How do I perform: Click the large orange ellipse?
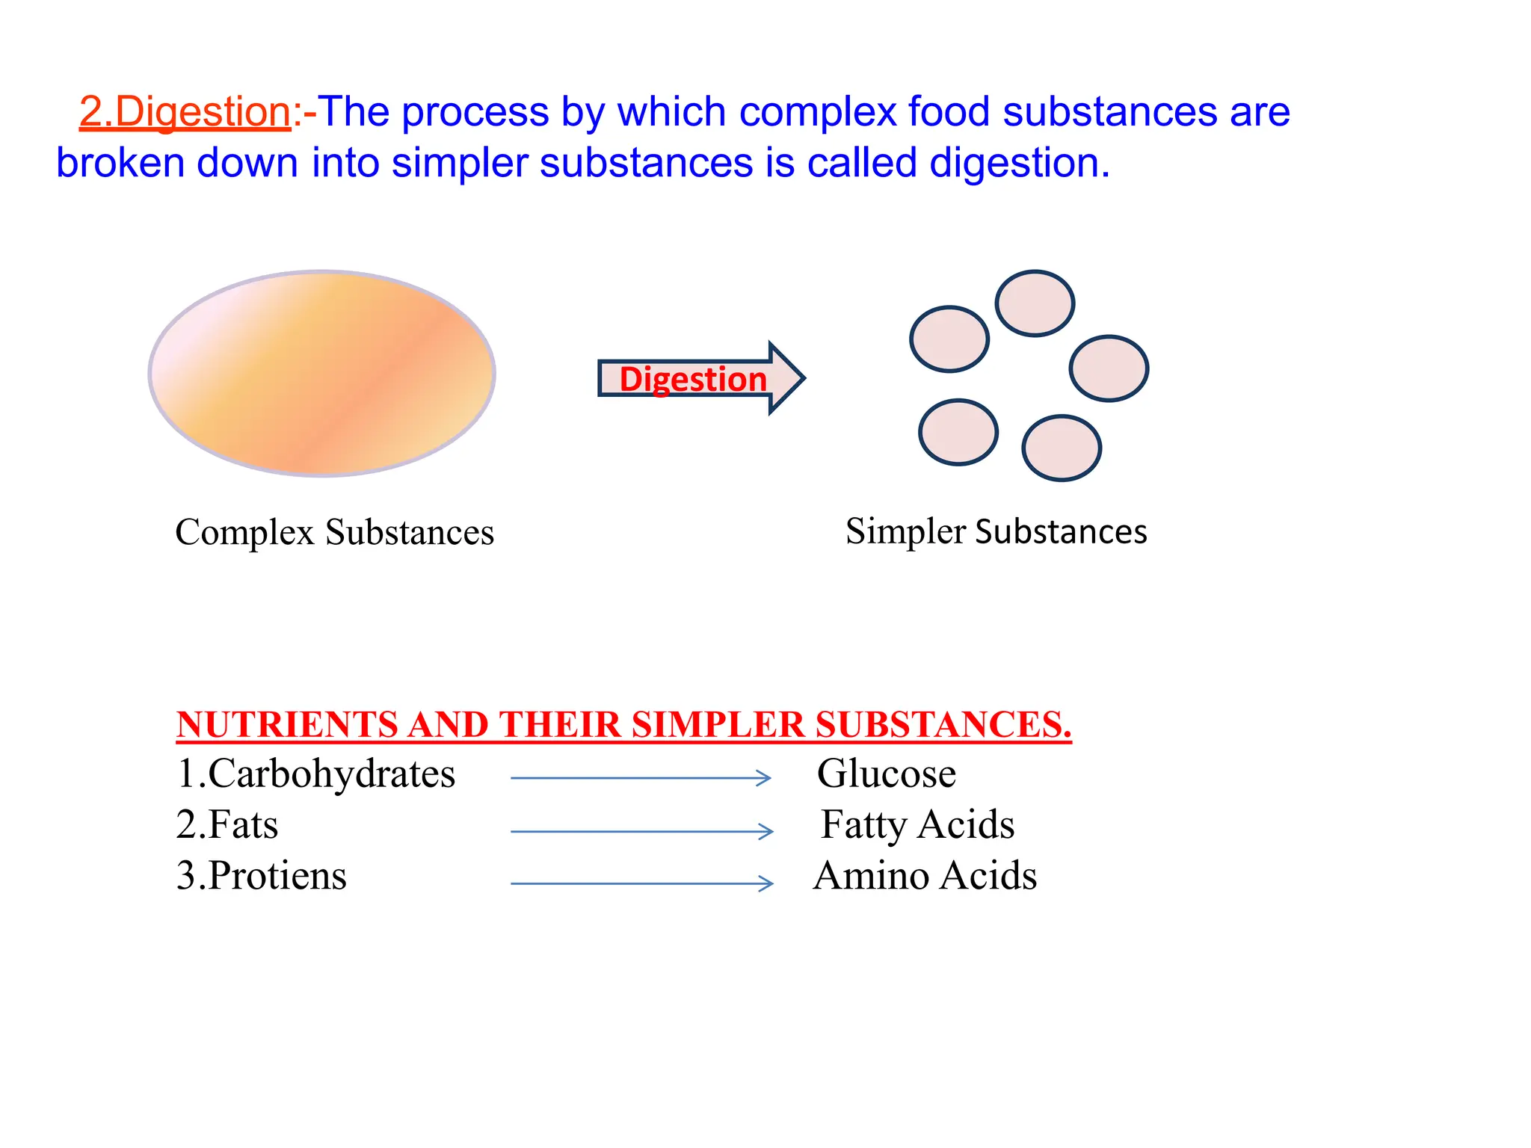321,373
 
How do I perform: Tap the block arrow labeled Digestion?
695,378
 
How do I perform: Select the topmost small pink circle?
1035,303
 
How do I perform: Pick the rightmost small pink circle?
1109,368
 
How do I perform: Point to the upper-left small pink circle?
949,339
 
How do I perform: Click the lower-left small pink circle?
958,433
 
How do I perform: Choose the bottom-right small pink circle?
1061,448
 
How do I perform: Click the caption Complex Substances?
334,533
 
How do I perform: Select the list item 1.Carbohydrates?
315,774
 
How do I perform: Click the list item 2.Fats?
227,825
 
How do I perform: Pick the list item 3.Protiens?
262,876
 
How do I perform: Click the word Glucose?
886,774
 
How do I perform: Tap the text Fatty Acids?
917,825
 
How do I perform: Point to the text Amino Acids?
925,876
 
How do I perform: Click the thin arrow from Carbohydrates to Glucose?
641,778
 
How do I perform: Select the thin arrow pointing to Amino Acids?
641,883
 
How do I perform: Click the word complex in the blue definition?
817,112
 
